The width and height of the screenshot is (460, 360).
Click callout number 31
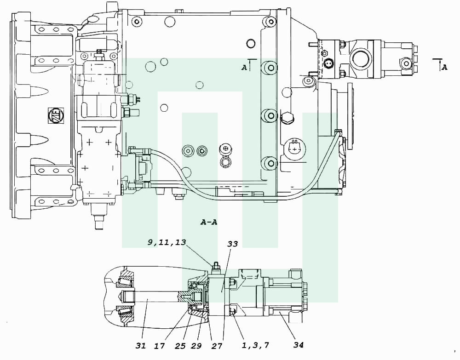click(141, 346)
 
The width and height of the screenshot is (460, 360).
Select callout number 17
click(160, 346)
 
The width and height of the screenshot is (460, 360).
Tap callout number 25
click(180, 346)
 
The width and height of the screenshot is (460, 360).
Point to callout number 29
click(196, 346)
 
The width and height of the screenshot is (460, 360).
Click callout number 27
click(217, 346)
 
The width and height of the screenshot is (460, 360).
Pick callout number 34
click(299, 345)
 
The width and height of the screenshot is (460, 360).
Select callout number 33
click(233, 244)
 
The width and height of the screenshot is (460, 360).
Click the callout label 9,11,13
click(167, 242)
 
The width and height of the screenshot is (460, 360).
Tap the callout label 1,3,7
click(255, 345)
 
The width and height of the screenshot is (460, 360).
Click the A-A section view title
click(209, 222)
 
